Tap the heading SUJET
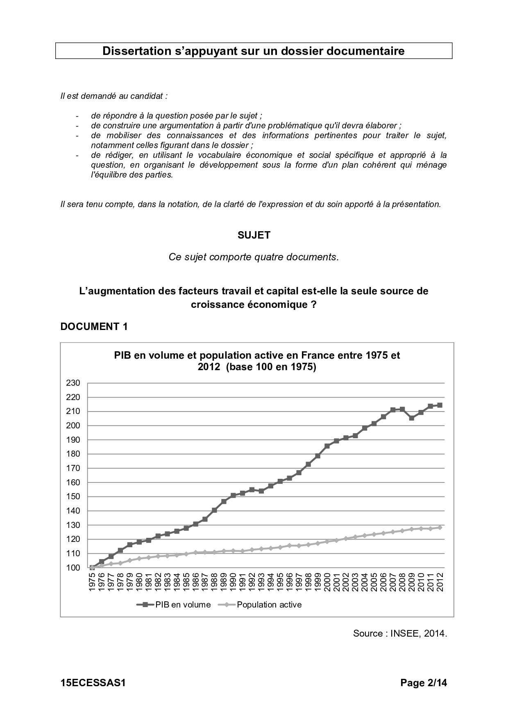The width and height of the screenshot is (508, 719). pyautogui.click(x=254, y=235)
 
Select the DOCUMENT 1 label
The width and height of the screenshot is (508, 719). pyautogui.click(x=94, y=326)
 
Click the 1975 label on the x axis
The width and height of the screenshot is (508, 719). pyautogui.click(x=92, y=582)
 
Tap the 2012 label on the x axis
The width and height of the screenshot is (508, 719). pyautogui.click(x=440, y=582)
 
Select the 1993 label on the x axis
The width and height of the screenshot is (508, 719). pyautogui.click(x=261, y=582)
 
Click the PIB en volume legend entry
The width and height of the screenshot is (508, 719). pyautogui.click(x=183, y=605)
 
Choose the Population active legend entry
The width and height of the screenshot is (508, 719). pyautogui.click(x=269, y=605)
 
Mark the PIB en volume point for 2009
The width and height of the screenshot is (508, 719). pyautogui.click(x=411, y=418)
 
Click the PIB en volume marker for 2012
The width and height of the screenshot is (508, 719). pyautogui.click(x=440, y=405)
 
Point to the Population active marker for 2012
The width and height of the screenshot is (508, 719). pyautogui.click(x=440, y=528)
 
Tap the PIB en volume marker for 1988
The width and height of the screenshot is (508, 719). pyautogui.click(x=214, y=510)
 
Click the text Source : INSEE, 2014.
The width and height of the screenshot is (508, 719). pyautogui.click(x=400, y=633)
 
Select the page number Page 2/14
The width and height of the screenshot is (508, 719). pyautogui.click(x=424, y=683)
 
